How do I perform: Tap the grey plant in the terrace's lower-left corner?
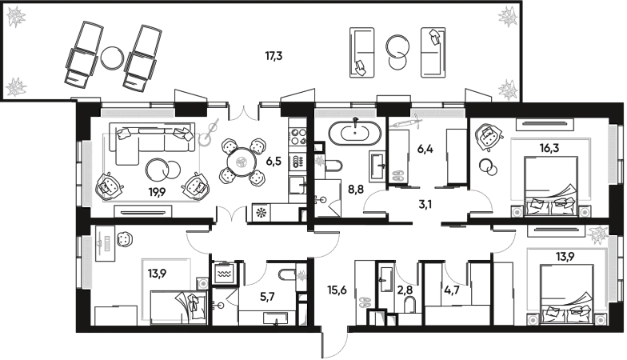(x=16, y=86)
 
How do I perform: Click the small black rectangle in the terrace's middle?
(x=274, y=56)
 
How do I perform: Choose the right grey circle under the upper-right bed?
(x=585, y=212)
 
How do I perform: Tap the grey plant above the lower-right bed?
(x=597, y=234)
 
